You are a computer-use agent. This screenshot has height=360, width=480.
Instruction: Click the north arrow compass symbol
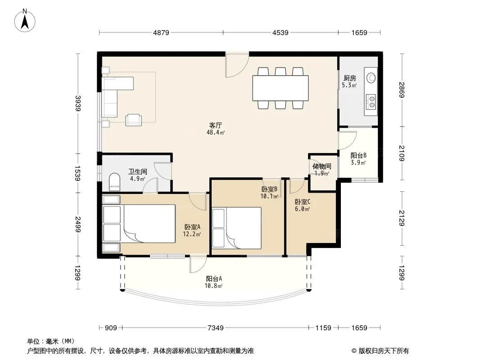[25, 21]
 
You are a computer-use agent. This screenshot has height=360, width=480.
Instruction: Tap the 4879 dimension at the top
[161, 32]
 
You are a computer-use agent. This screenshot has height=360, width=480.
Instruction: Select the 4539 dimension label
[281, 32]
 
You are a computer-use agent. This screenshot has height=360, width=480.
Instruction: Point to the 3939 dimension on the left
[78, 103]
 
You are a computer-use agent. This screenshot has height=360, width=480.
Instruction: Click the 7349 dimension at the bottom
[216, 328]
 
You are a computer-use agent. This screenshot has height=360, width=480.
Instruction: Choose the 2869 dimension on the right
[402, 90]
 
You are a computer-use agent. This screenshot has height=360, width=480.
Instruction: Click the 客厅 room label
[216, 125]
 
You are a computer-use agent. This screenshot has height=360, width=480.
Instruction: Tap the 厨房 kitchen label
[349, 78]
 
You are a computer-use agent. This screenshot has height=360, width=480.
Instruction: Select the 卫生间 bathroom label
[137, 171]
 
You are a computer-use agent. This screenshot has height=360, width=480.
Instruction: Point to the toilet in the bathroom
[114, 182]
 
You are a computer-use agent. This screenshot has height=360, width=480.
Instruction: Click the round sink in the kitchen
[371, 78]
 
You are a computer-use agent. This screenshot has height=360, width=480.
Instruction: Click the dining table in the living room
[281, 88]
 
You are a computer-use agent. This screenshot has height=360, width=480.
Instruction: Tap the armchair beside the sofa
[134, 120]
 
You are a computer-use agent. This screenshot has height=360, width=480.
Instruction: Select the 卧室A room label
[192, 227]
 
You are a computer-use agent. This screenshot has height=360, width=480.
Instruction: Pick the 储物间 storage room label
[322, 166]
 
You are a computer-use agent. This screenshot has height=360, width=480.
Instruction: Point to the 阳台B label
[358, 155]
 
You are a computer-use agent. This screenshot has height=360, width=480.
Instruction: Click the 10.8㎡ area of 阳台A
[214, 286]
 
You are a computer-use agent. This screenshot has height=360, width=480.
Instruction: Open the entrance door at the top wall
[237, 65]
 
